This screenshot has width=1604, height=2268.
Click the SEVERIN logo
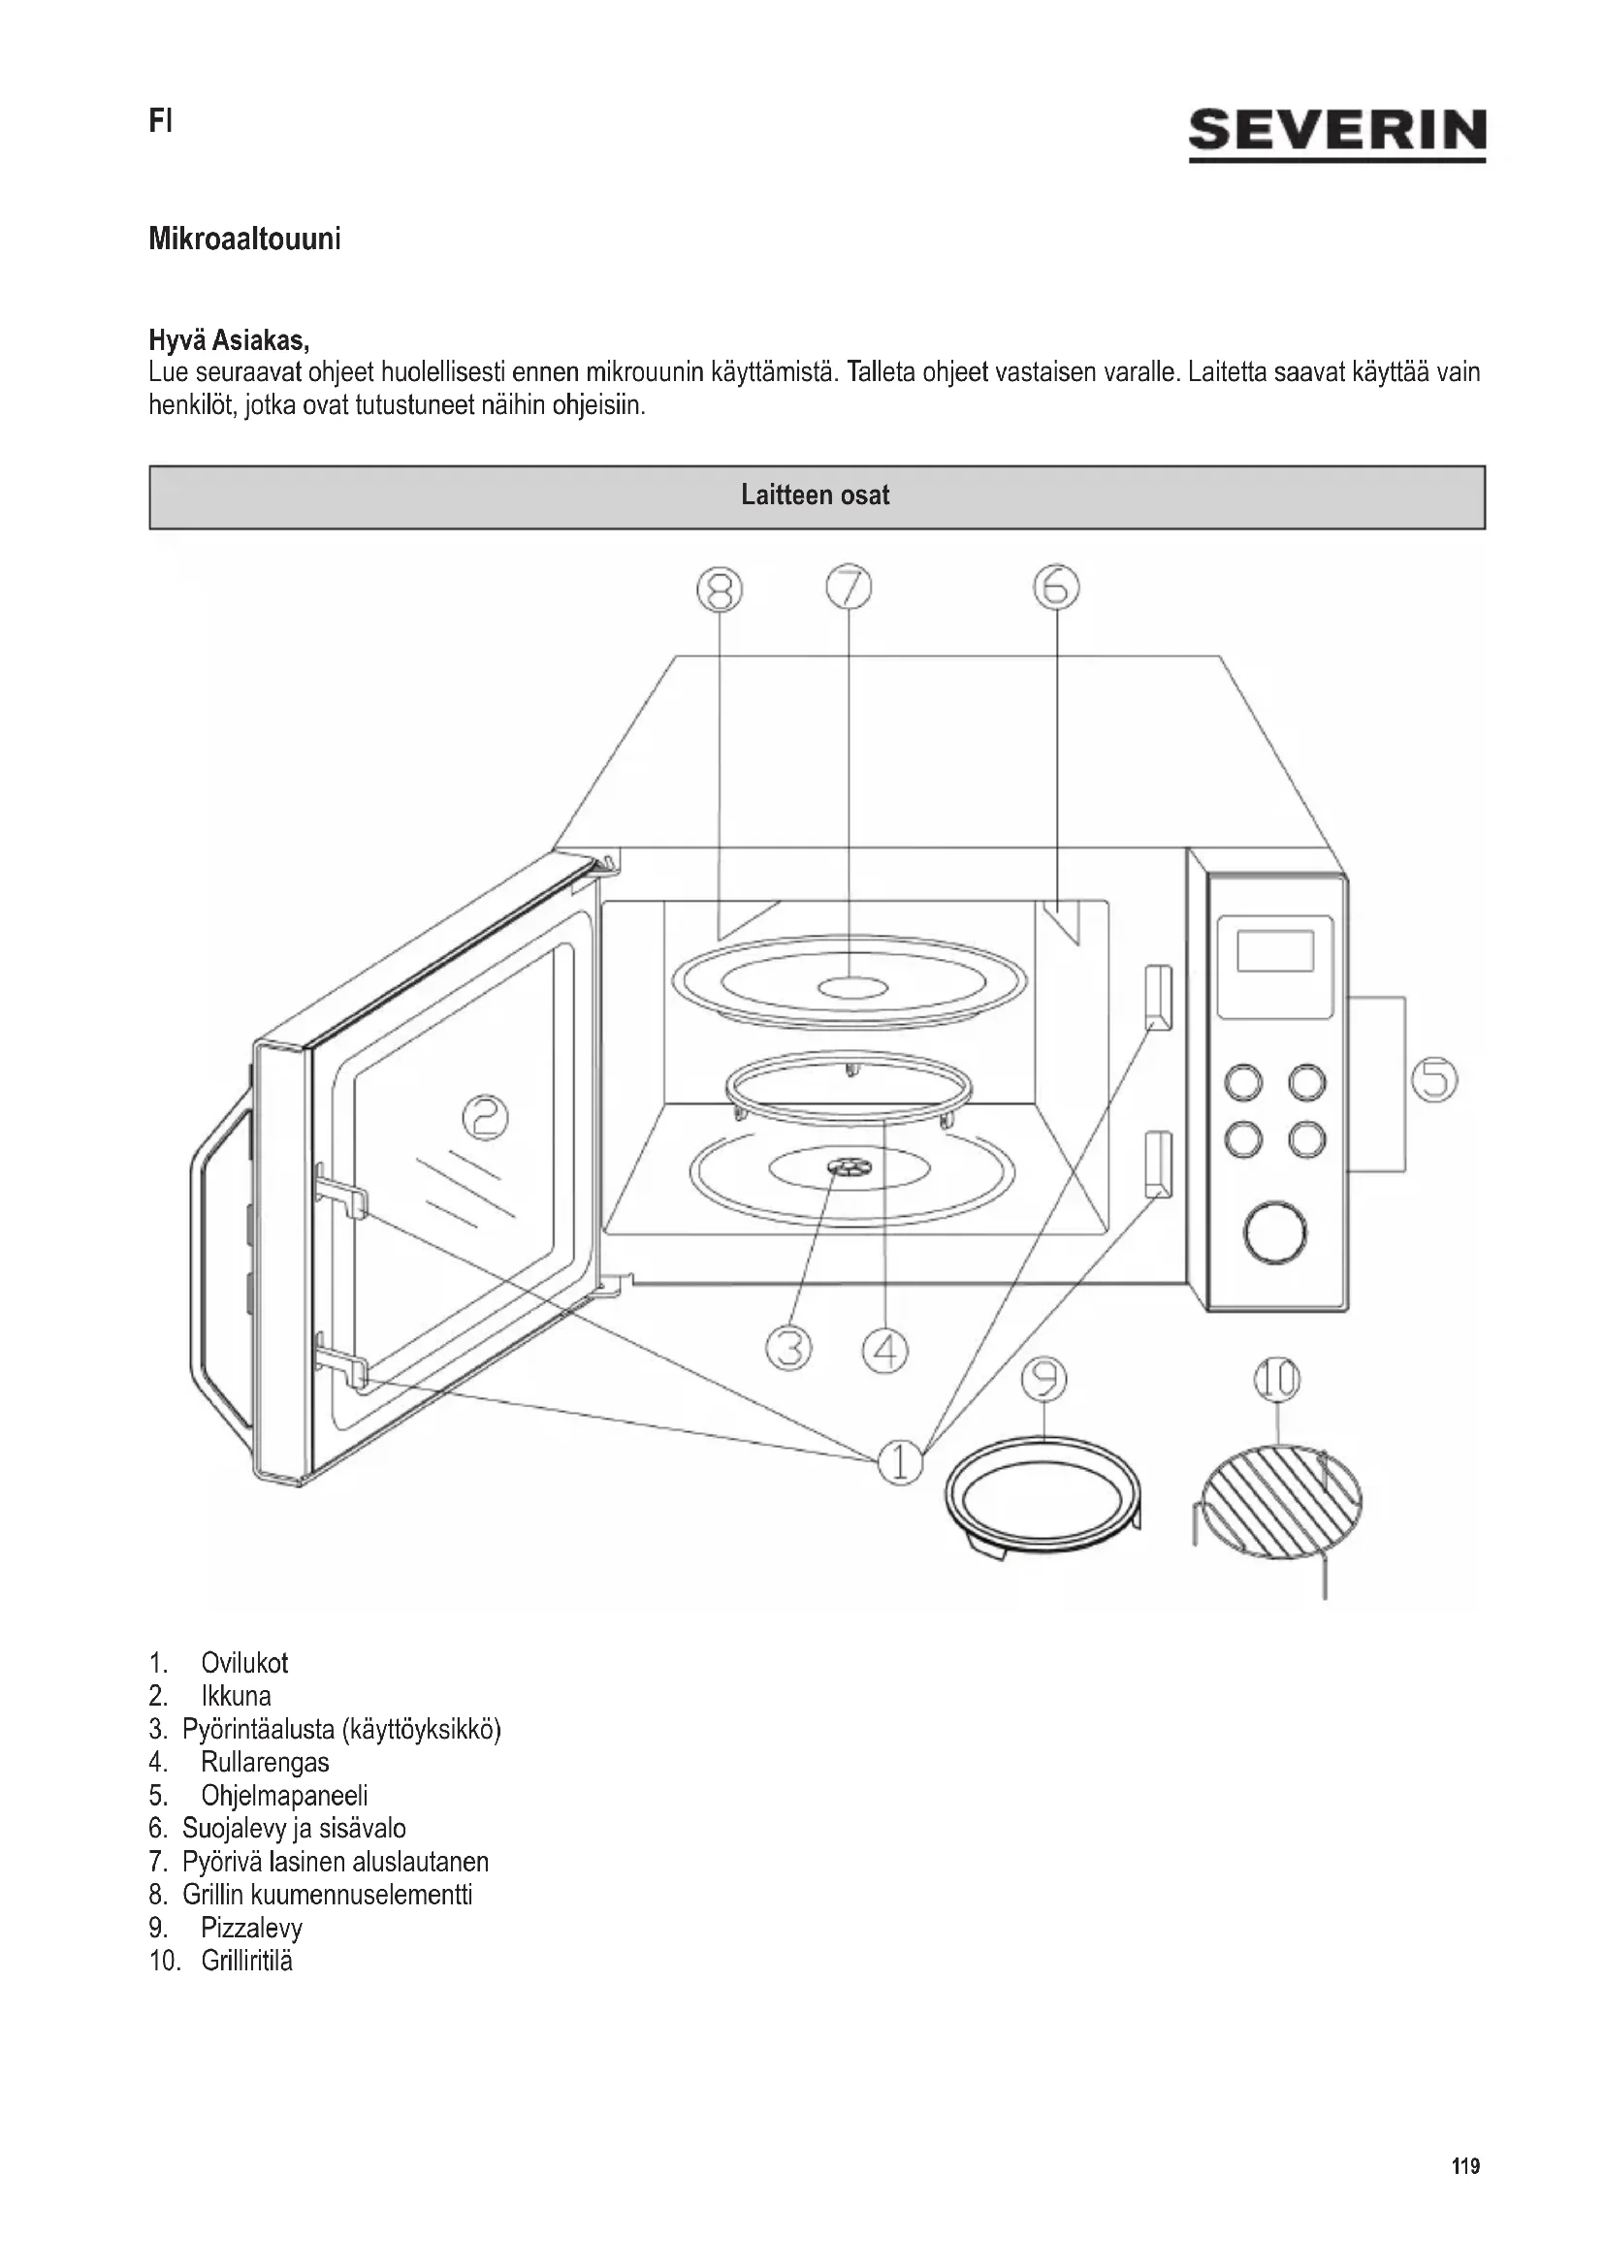[1336, 134]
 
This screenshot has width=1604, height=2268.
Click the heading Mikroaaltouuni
[245, 240]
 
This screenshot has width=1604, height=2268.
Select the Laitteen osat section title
[815, 495]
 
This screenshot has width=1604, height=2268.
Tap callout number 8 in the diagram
[719, 590]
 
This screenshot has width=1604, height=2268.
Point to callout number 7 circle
[849, 588]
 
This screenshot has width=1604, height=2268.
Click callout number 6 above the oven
[1056, 588]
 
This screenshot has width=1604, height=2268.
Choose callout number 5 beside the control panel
[1434, 1078]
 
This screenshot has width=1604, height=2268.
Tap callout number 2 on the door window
[486, 1118]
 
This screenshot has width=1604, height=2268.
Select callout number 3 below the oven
[788, 1349]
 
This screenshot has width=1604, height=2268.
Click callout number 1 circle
[900, 1462]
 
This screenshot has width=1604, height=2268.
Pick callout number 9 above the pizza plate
[1045, 1379]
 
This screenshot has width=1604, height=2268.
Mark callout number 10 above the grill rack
[1277, 1380]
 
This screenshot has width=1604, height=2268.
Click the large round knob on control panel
[1275, 1232]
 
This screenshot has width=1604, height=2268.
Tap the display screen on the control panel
[1274, 951]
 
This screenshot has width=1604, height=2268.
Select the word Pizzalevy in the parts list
[251, 1929]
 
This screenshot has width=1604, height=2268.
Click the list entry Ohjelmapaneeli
[283, 1796]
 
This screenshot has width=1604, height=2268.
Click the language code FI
[160, 121]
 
